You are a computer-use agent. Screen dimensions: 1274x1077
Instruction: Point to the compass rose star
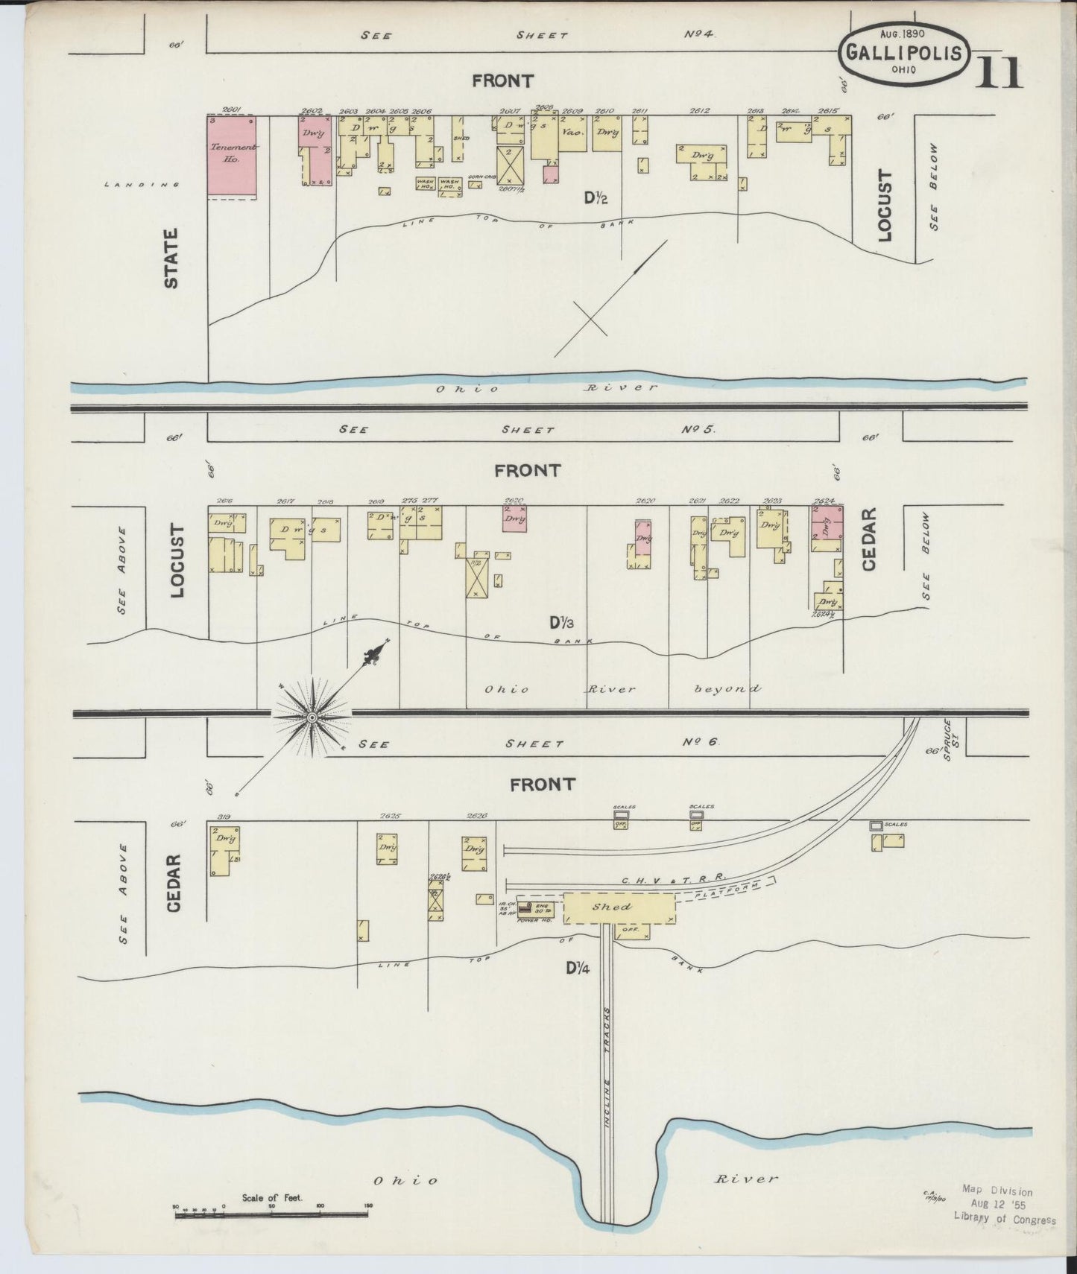[313, 717]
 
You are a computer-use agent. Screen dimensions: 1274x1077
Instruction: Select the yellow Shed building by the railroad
[619, 907]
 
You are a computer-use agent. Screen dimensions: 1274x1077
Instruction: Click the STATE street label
[171, 259]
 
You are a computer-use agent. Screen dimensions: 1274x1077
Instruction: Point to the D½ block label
[596, 198]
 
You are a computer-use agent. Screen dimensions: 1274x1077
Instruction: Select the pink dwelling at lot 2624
[827, 527]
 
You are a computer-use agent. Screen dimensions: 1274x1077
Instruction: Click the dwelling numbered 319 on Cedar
[224, 849]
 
